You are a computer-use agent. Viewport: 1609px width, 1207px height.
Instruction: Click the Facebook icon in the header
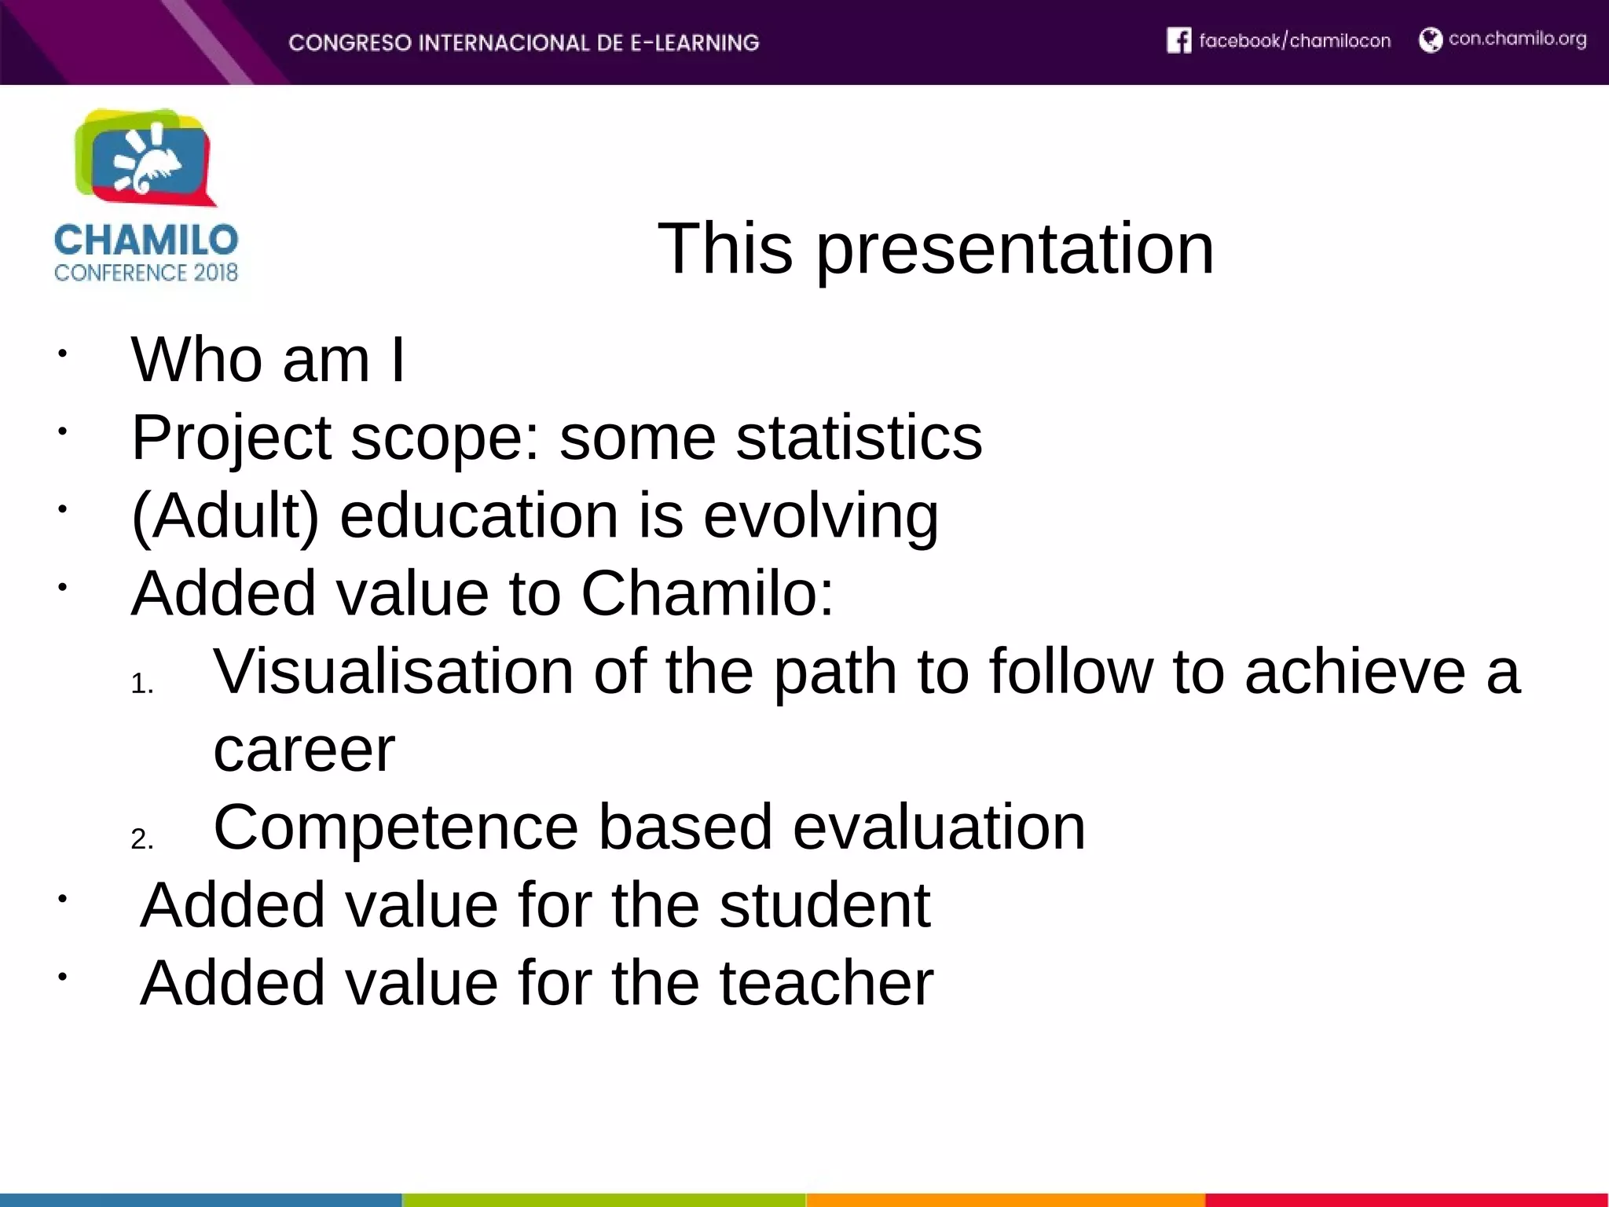click(1178, 40)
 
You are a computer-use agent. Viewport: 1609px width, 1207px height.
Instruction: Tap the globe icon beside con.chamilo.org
click(1430, 40)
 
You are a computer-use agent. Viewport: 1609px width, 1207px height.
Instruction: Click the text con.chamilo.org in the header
click(1517, 39)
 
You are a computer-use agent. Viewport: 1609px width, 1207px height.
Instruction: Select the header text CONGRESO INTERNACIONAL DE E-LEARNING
click(523, 42)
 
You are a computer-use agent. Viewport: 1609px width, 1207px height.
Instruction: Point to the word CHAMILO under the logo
click(146, 240)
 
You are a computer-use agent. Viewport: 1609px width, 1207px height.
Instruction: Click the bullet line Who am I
click(268, 360)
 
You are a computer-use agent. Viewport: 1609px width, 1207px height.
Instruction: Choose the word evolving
click(820, 516)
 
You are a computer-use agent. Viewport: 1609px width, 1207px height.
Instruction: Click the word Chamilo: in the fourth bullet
click(707, 593)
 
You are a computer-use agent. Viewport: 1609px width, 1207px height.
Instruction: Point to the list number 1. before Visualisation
click(142, 684)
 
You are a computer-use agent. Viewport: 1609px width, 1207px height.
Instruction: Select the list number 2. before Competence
click(142, 839)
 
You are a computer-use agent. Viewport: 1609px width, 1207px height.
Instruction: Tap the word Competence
click(396, 827)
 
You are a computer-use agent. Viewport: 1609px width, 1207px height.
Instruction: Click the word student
click(824, 905)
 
